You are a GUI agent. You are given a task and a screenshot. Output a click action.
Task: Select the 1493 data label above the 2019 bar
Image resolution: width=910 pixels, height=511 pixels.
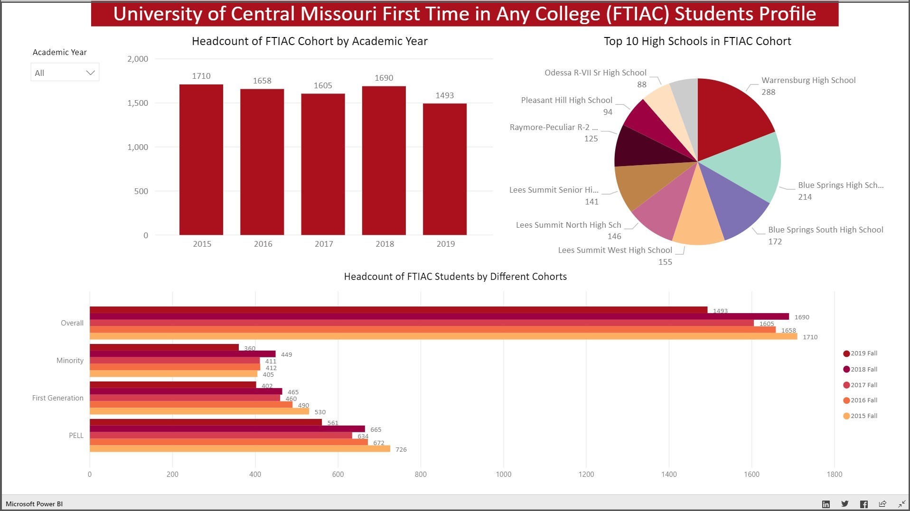tap(444, 95)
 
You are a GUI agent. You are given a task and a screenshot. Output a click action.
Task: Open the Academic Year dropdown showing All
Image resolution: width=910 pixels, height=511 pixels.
tap(65, 73)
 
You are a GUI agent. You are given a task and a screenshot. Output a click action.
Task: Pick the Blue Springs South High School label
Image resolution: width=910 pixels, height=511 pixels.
tap(826, 230)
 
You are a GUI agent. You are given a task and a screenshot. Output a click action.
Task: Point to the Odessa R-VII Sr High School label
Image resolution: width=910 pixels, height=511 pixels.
tap(595, 73)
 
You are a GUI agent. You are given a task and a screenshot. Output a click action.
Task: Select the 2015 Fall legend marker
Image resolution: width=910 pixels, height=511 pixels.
tap(846, 416)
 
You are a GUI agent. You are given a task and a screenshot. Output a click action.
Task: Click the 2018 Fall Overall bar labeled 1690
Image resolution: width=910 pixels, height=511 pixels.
tap(439, 316)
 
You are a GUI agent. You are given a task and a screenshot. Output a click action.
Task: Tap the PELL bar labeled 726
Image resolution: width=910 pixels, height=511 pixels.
tap(240, 449)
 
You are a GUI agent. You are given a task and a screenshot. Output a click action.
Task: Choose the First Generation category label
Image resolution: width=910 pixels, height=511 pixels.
tap(58, 398)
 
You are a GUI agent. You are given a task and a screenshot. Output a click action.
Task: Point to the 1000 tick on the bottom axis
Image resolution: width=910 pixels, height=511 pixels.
tap(503, 474)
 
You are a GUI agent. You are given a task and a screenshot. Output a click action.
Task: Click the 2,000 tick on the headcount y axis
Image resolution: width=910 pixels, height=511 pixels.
tap(138, 59)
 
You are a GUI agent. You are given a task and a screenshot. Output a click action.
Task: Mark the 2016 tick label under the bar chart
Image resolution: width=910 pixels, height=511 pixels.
tap(263, 244)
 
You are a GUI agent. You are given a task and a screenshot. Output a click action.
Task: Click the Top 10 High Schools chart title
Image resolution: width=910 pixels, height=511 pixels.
tap(697, 41)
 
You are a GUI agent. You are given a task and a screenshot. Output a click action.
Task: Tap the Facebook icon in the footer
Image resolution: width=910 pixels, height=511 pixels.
tap(863, 504)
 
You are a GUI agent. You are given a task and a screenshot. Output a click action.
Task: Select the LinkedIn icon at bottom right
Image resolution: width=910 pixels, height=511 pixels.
tap(826, 504)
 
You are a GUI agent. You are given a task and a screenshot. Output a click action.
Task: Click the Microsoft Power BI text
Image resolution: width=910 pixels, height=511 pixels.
tap(34, 504)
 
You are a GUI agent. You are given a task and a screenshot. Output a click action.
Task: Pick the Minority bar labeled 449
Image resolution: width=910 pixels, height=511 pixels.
tap(183, 354)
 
